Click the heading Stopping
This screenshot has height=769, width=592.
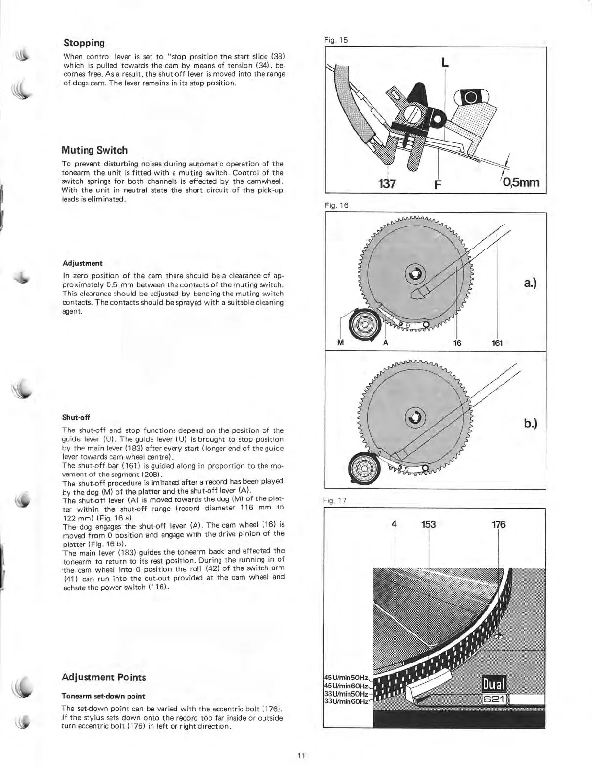83,43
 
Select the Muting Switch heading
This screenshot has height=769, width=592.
94,150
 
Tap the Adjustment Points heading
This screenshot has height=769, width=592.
104,677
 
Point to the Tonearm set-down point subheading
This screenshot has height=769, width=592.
103,696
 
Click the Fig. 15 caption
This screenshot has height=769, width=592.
336,40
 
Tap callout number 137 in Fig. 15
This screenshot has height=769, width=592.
387,183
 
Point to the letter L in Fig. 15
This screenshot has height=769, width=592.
445,62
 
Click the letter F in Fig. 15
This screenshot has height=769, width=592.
438,184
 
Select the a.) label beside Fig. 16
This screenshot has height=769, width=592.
530,283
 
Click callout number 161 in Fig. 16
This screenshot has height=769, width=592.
497,343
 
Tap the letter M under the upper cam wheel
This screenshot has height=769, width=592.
341,343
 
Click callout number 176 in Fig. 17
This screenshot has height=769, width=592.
499,524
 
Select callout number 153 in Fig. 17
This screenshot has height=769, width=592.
428,524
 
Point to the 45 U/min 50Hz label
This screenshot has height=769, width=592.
346,678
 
